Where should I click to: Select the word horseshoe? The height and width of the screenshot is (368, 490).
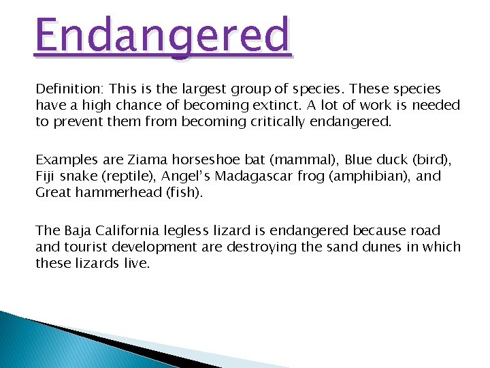201,160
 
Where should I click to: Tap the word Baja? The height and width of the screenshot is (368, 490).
76,231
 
